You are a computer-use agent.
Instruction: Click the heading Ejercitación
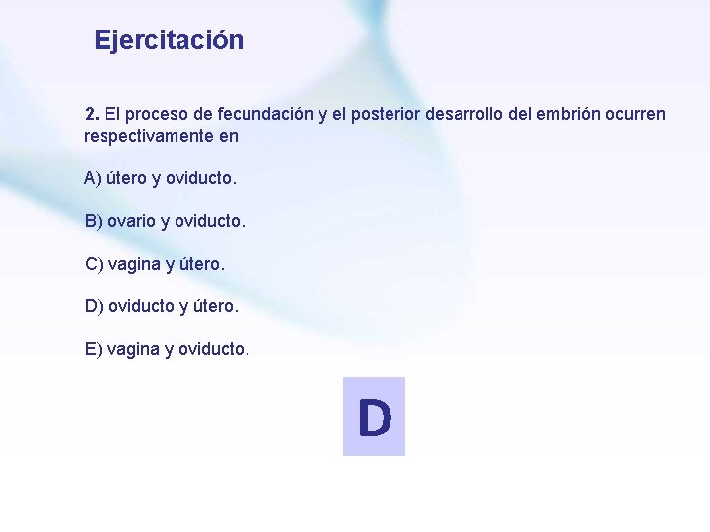point(169,41)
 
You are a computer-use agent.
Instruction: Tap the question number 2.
point(91,114)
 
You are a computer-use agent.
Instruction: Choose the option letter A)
point(93,178)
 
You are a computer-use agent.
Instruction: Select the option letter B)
point(94,221)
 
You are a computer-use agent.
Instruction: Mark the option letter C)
point(94,264)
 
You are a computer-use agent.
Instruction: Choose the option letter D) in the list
point(94,306)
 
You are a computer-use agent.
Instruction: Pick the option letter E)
point(94,349)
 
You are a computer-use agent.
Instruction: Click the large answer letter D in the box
point(374,418)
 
